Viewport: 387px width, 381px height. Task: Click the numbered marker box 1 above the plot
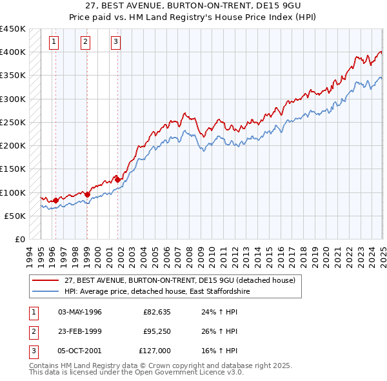point(53,43)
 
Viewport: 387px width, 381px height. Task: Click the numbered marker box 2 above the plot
point(85,43)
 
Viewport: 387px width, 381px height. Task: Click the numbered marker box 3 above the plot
point(115,43)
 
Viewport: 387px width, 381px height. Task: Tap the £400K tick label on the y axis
point(13,52)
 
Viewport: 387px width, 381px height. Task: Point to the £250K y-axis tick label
point(13,122)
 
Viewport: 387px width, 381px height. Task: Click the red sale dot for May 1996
point(55,200)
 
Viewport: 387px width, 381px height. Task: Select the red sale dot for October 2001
point(117,180)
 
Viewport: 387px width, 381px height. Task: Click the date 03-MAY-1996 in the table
point(80,312)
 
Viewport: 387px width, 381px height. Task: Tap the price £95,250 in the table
point(154,331)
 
